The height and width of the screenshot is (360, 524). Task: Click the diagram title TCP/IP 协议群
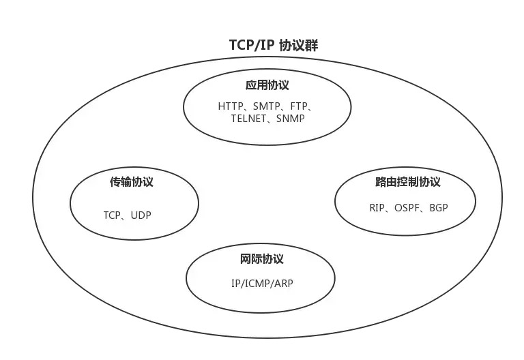(274, 46)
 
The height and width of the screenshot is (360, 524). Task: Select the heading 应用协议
(267, 85)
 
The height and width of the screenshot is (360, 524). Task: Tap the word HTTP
(231, 107)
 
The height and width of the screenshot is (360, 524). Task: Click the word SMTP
(266, 107)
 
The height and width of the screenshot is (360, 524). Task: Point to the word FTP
(298, 107)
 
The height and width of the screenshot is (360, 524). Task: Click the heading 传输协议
(132, 182)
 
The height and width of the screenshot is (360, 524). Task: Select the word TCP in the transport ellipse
(112, 215)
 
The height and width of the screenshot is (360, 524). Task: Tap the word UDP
(141, 215)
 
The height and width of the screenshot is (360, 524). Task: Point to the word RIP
(377, 207)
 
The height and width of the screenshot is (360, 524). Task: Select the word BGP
(439, 207)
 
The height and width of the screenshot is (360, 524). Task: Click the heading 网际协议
(261, 259)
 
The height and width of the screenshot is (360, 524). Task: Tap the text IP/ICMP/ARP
(262, 283)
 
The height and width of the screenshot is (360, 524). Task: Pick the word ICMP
(257, 283)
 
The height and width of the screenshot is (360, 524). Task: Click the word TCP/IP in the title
(252, 46)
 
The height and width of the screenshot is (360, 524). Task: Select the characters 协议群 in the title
(300, 46)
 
